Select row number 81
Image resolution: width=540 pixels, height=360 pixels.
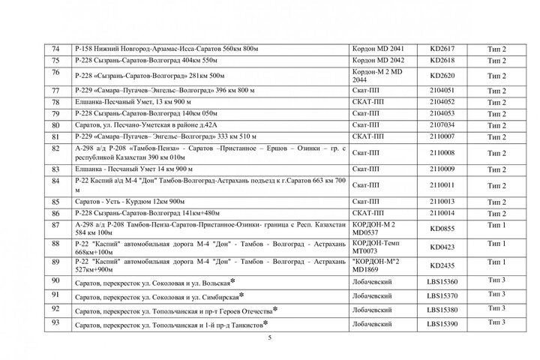(x=55, y=137)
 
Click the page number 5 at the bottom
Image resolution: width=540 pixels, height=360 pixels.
(x=270, y=339)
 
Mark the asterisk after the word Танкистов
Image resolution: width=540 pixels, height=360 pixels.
(x=265, y=322)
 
